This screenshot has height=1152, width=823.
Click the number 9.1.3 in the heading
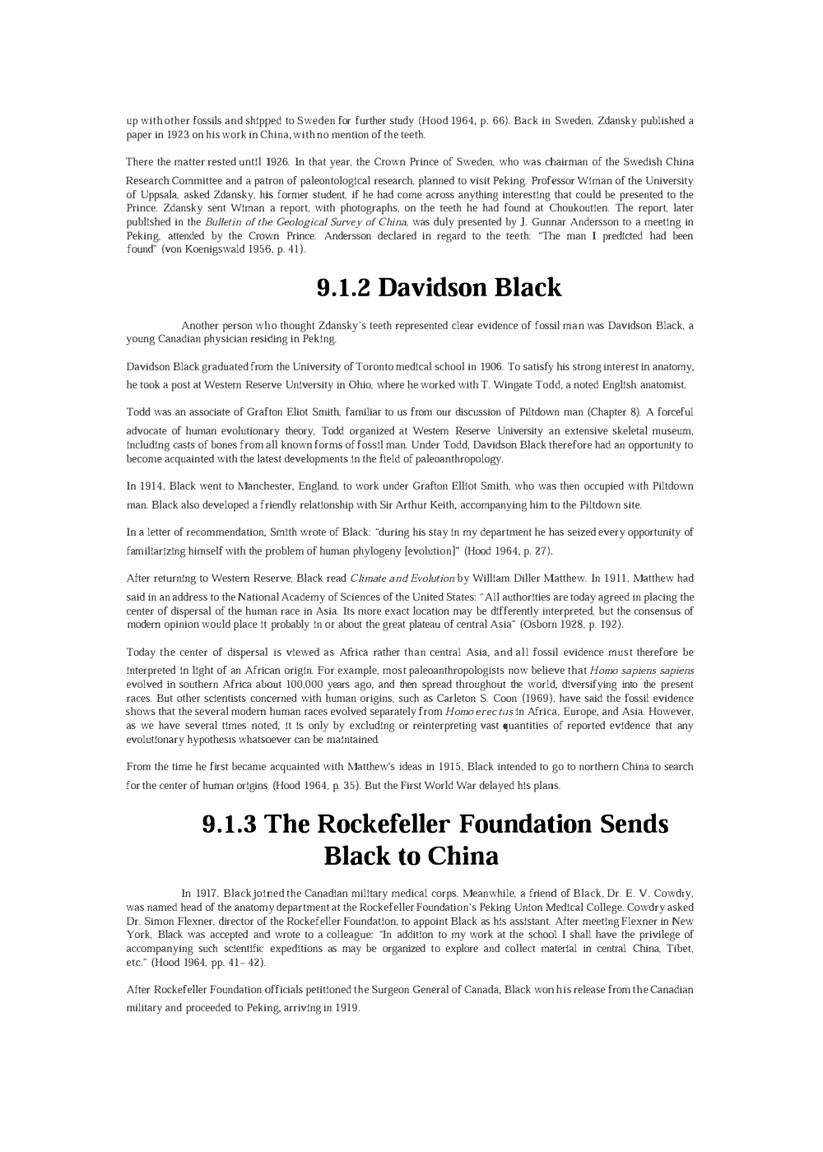click(228, 824)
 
